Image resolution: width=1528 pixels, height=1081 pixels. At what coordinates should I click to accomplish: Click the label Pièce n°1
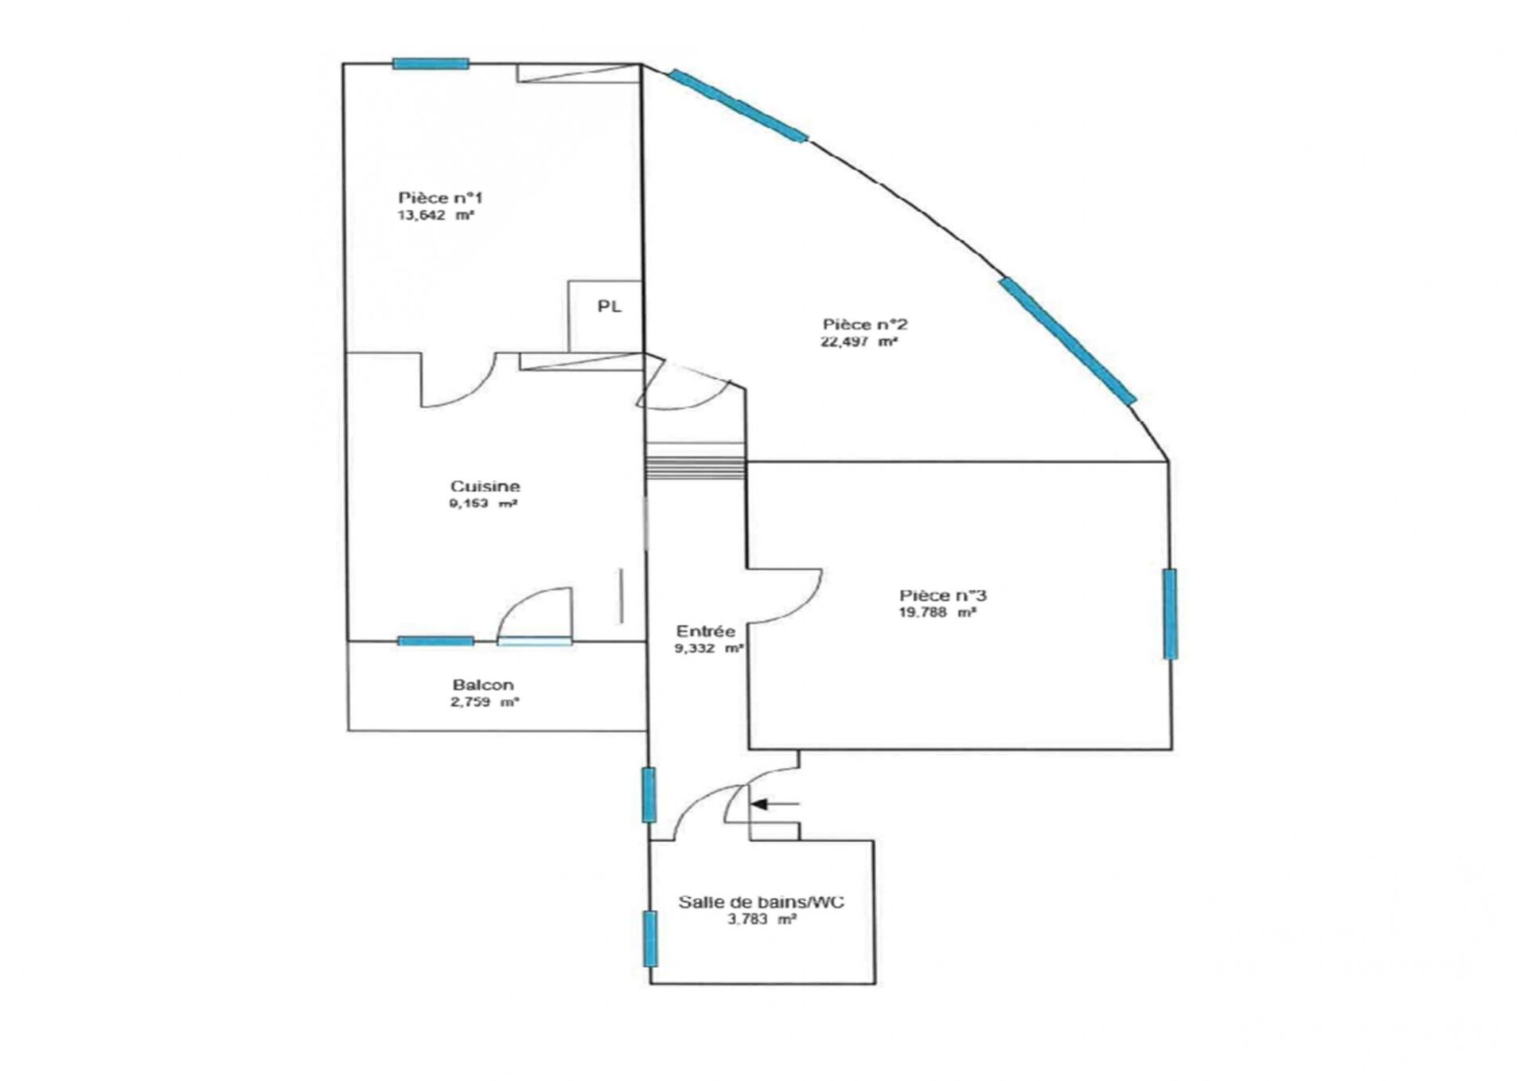440,197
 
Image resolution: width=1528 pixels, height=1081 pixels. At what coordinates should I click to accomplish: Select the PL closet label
610,306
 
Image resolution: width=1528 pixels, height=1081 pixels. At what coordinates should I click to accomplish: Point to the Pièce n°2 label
865,325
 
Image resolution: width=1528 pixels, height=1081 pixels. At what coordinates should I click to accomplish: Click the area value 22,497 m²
859,342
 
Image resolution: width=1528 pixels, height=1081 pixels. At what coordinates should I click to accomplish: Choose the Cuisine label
485,486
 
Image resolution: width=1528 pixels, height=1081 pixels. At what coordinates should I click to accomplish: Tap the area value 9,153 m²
484,504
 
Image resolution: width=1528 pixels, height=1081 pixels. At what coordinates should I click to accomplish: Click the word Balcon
483,685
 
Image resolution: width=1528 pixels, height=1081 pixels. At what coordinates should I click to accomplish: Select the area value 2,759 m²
485,702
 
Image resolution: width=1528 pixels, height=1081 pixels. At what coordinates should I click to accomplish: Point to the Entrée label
705,631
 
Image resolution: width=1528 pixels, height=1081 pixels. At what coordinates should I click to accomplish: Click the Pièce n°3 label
943,595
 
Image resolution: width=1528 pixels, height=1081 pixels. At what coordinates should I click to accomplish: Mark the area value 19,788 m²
937,613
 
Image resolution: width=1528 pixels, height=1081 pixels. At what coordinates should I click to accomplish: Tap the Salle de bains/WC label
762,902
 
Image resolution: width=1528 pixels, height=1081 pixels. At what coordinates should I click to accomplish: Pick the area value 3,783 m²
762,919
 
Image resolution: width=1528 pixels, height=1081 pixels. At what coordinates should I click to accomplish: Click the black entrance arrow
775,804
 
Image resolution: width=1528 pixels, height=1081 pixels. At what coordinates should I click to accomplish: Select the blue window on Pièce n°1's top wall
431,64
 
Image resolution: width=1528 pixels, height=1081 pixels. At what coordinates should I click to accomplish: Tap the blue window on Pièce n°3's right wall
1170,614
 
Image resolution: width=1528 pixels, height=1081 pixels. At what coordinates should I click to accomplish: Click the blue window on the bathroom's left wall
650,939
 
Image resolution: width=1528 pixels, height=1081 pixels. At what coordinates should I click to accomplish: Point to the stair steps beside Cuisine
695,468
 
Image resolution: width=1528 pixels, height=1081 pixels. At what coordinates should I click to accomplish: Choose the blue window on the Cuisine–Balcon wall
436,641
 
